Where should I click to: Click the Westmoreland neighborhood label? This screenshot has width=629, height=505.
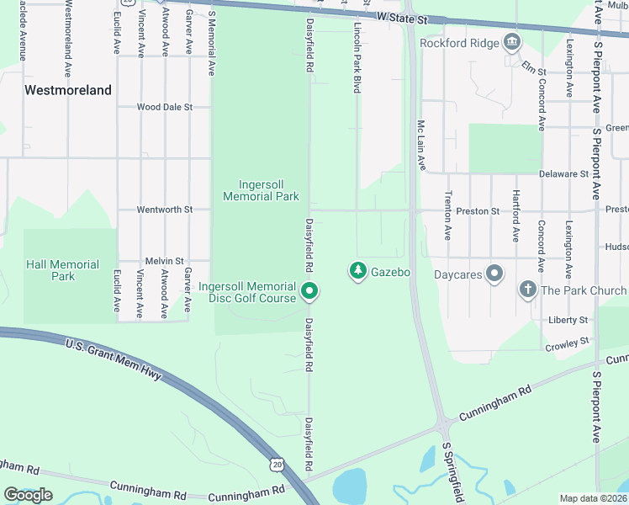[68, 90]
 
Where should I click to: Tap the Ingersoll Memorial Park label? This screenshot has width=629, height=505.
[261, 190]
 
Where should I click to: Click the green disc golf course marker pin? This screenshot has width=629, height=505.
[309, 293]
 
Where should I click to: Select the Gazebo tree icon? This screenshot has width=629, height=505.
[358, 271]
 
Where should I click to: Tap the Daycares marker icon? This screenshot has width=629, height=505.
[494, 274]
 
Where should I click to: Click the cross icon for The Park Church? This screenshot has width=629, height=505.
[527, 290]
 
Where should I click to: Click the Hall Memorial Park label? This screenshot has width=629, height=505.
[62, 270]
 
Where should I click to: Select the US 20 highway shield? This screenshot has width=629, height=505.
[277, 464]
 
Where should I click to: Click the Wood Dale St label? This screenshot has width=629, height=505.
[165, 107]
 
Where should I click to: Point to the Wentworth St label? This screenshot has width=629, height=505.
[165, 209]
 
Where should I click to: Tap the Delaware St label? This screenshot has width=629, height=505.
[563, 173]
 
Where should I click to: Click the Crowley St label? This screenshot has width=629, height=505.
[567, 343]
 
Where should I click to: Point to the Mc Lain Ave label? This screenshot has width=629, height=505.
[422, 144]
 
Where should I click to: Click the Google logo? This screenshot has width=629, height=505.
[28, 495]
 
